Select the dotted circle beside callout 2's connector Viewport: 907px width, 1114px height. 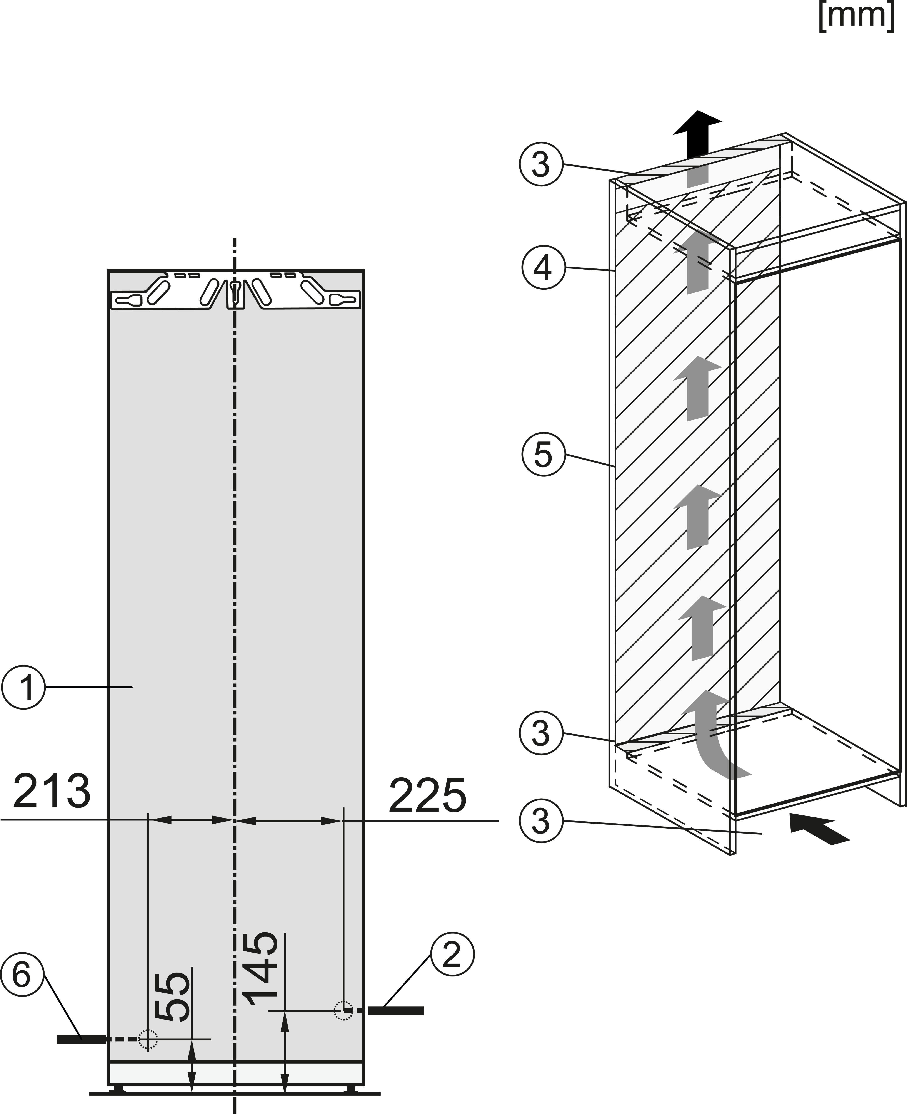343,1010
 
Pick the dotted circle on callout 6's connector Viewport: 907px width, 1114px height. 148,1039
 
